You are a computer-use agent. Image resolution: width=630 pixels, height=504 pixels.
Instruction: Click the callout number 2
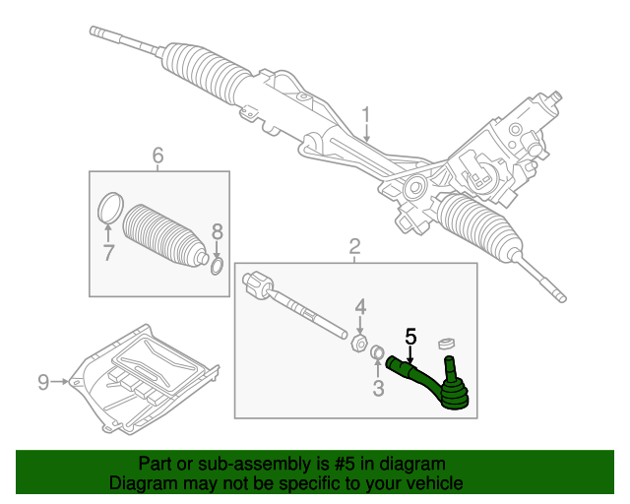(354, 246)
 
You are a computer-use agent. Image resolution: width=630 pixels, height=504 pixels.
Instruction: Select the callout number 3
(378, 388)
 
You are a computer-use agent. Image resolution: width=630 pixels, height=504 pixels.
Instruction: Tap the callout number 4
(360, 305)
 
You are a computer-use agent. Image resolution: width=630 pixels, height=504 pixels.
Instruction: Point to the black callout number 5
(411, 336)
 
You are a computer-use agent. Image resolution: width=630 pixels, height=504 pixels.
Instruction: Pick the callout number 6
(157, 154)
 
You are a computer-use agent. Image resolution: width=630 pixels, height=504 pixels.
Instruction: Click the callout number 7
(109, 252)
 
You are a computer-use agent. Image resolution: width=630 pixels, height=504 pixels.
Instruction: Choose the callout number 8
(218, 232)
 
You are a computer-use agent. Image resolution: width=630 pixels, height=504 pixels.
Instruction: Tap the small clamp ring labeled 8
(218, 266)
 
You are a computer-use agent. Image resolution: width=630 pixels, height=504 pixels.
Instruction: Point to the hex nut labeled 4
(360, 344)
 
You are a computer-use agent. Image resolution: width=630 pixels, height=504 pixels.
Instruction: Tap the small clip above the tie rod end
(445, 342)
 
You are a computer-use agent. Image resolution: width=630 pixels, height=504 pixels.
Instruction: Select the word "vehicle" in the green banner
(430, 483)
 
